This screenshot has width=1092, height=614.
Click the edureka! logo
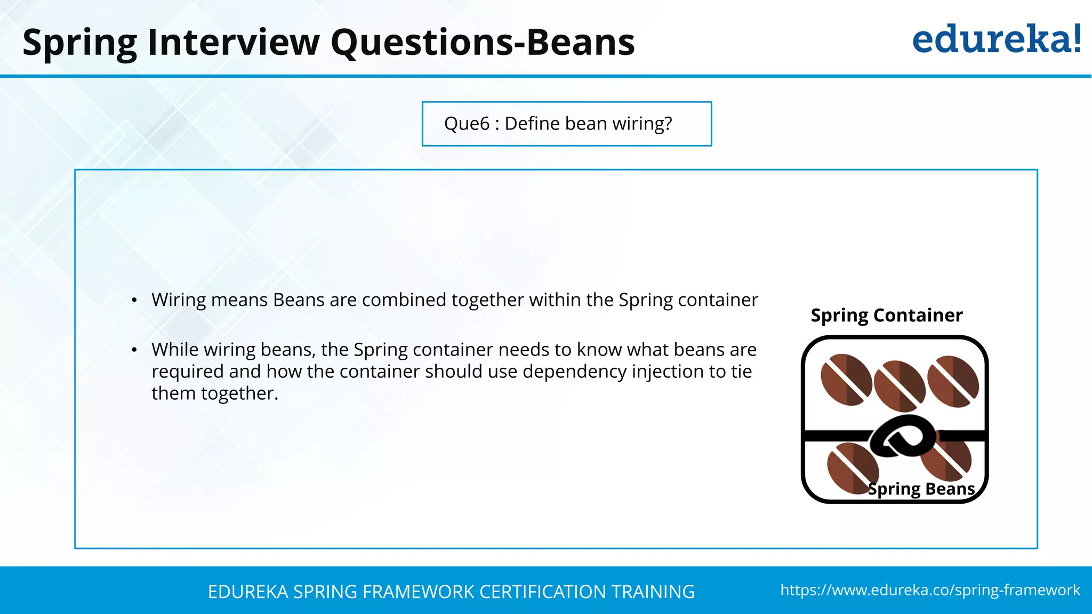[x=996, y=39]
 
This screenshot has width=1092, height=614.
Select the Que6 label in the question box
[x=467, y=124]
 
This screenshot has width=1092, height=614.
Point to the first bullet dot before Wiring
[x=134, y=301]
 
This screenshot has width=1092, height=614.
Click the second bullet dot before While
[x=134, y=350]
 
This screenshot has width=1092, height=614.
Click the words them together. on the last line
[x=215, y=393]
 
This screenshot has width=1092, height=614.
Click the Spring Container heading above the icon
[x=886, y=315]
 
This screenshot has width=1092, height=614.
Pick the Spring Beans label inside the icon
[x=921, y=489]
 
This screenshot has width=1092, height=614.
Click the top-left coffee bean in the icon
[x=846, y=380]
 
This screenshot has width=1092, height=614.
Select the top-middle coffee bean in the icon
[x=899, y=386]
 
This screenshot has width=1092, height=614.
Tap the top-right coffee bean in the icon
[x=953, y=381]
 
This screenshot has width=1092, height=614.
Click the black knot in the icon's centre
[x=902, y=437]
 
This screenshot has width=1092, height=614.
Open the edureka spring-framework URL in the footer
[x=929, y=590]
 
